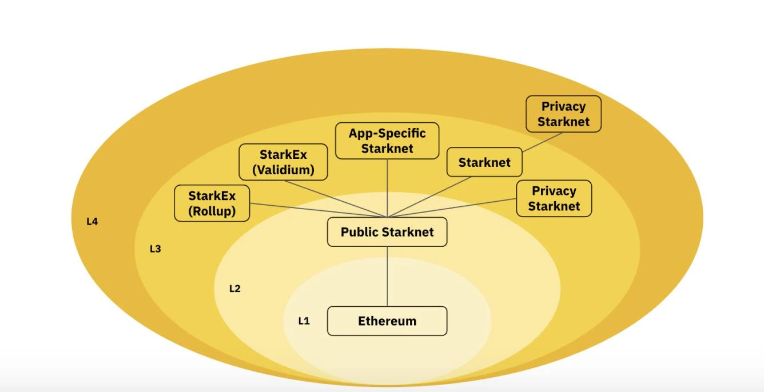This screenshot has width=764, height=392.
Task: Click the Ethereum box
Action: [387, 321]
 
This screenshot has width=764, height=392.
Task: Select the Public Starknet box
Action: [387, 232]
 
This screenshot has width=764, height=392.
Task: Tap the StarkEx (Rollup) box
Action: [212, 203]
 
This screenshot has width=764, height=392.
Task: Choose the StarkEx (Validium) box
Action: [283, 162]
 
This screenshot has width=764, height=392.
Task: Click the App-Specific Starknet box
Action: [387, 141]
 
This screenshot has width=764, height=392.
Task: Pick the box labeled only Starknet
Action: [484, 162]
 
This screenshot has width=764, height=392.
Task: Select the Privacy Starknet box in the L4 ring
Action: [563, 114]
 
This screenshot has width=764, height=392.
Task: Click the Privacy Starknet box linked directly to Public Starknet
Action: [554, 198]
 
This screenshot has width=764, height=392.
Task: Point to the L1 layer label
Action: [304, 321]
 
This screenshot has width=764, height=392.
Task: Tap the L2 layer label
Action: [234, 289]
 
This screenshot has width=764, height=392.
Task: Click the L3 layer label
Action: [155, 249]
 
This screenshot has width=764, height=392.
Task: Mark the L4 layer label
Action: [92, 222]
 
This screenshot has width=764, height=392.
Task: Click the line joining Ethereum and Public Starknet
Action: [387, 277]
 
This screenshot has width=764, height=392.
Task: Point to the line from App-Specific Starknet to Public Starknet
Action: [387, 189]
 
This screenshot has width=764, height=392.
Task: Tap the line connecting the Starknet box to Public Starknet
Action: [435, 196]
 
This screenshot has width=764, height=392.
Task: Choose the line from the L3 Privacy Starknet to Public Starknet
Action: [457, 207]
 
